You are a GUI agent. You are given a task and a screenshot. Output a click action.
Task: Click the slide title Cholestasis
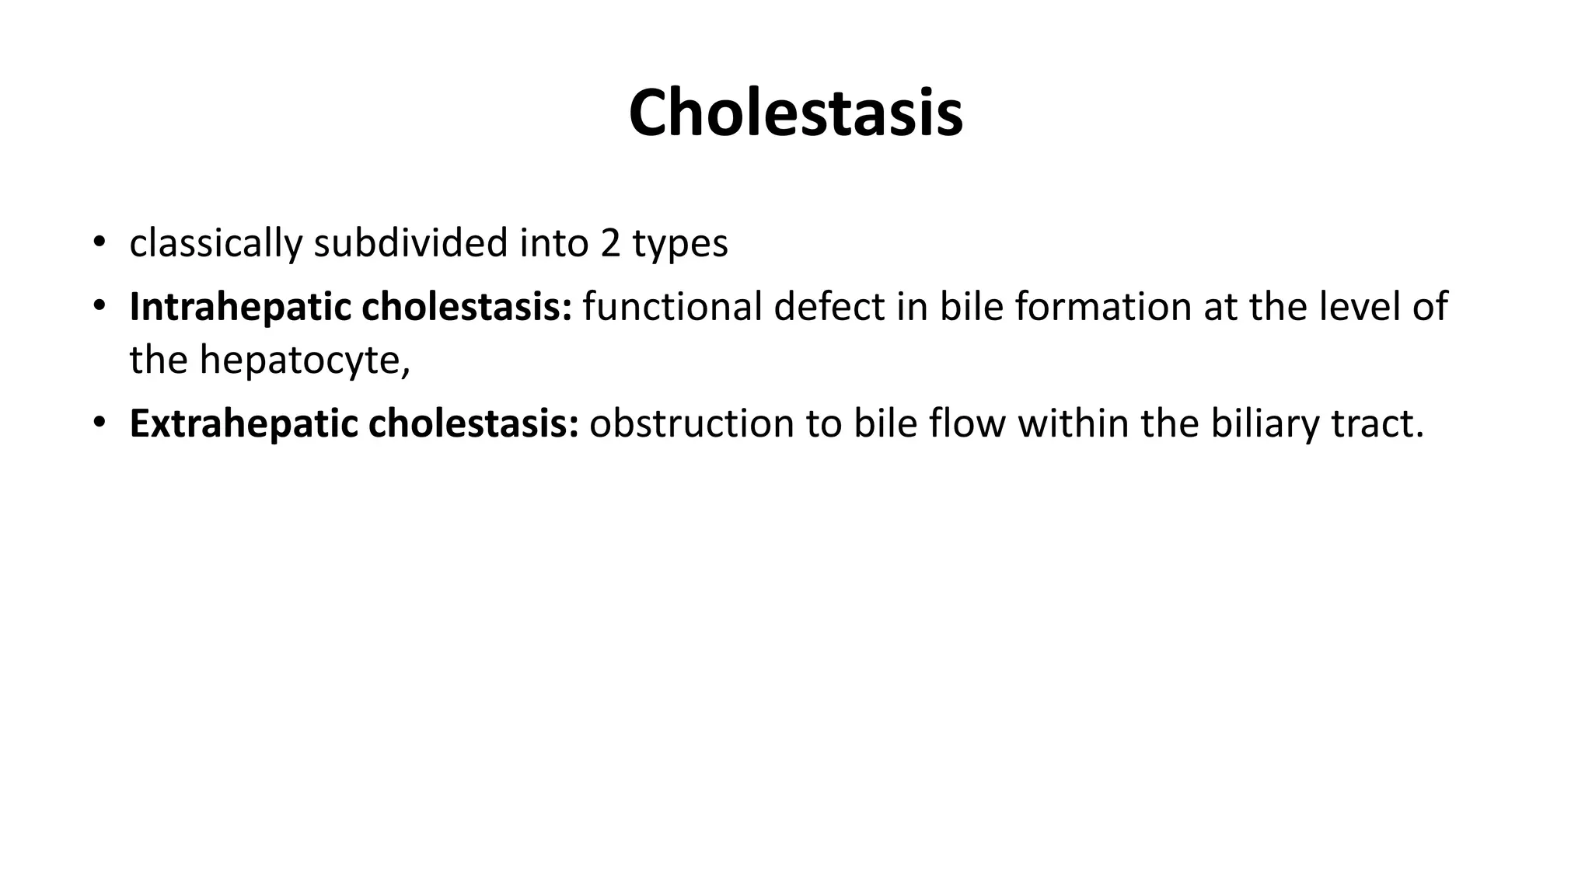point(795,113)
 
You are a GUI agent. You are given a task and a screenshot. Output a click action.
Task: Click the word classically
point(215,243)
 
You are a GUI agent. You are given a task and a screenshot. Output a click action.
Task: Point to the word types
point(680,245)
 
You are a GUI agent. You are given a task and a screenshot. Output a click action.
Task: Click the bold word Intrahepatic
point(240,307)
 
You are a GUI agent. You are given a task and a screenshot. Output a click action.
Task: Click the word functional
point(672,307)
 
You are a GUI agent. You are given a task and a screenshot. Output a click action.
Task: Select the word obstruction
point(691,424)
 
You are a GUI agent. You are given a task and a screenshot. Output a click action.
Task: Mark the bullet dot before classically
point(98,242)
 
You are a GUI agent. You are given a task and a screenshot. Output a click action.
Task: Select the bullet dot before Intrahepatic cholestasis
point(98,306)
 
